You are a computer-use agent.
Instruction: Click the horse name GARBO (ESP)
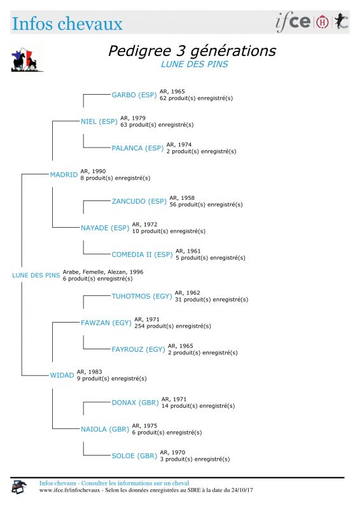coord(134,95)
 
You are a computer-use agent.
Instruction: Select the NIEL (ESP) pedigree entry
coord(99,122)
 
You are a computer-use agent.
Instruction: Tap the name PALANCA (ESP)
coord(137,148)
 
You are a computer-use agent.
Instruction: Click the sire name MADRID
coord(64,174)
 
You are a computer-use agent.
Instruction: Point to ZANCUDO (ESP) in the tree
coord(139,201)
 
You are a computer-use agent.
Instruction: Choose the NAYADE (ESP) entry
coord(105,228)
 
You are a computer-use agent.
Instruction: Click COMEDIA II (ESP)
coord(142,254)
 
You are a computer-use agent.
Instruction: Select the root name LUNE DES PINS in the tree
coord(36,275)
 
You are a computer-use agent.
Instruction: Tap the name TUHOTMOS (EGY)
coord(142,296)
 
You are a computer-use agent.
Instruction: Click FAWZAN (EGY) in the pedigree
coord(106,323)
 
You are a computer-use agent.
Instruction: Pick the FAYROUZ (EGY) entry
coord(138,349)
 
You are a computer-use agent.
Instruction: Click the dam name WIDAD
coord(62,375)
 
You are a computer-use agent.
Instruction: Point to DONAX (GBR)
coord(135,403)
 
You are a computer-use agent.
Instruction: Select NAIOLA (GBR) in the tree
coord(105,429)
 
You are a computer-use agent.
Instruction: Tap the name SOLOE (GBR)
coord(134,456)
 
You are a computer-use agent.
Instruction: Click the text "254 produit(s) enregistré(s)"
coord(173,326)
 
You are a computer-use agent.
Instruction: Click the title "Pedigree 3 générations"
coord(192,51)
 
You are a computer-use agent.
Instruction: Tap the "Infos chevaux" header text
coord(67,24)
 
